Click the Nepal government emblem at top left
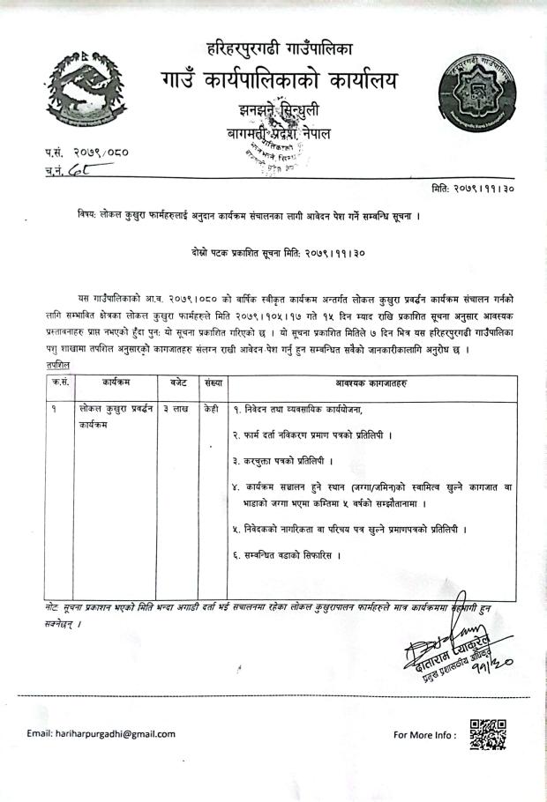coord(82,88)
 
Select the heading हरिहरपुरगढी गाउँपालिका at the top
coord(278,46)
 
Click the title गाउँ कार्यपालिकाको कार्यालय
coord(278,82)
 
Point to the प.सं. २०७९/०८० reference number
coord(87,152)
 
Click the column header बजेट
coord(177,383)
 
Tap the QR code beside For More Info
coord(488,734)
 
